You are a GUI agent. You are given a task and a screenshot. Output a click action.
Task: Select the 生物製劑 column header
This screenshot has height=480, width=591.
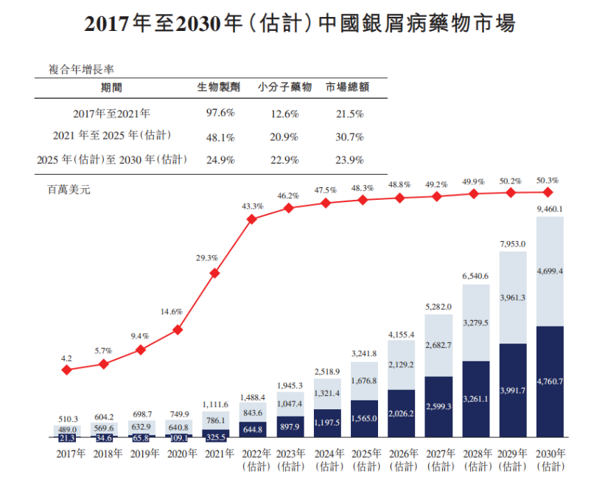coord(218,86)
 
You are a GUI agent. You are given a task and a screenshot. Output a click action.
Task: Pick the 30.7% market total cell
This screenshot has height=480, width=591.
coord(350,136)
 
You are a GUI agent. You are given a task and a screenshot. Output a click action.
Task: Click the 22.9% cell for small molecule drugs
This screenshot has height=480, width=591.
coord(284,159)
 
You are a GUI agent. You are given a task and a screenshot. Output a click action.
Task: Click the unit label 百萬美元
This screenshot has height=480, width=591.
coord(69,189)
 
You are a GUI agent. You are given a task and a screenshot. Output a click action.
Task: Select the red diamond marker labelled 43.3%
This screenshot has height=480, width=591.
coord(252,219)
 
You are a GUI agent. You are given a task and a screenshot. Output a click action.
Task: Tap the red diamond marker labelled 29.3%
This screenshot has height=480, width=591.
coord(214,273)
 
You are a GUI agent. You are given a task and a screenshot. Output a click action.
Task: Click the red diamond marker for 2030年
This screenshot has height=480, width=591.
coord(548,192)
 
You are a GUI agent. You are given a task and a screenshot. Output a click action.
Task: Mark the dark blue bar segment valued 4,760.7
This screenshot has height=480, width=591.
coord(550,382)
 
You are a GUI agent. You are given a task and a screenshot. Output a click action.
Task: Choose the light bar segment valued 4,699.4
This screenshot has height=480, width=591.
coord(550,271)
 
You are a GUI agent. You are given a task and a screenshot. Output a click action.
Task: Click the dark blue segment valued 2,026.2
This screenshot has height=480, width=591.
coord(401,414)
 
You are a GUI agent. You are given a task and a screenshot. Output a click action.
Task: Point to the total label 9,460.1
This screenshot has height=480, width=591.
coord(550,209)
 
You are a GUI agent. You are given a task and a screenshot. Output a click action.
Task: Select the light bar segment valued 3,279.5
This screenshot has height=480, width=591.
coord(476,322)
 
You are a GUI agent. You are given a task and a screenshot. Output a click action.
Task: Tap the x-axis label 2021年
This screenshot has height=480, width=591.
coord(214,453)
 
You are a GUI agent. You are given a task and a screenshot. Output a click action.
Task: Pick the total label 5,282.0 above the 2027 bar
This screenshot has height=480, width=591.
coord(438,307)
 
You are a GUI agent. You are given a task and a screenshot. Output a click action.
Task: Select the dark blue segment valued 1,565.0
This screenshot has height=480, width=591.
coord(364,419)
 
